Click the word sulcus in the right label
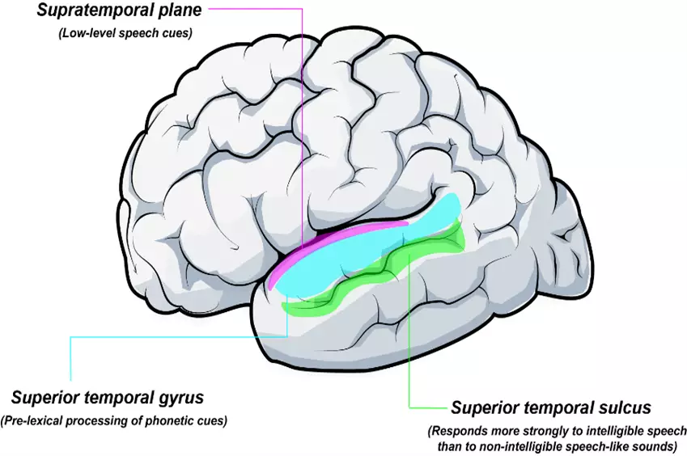coord(624,407)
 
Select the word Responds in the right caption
coord(460,430)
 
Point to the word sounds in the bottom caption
coord(651,444)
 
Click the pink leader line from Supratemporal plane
coord(301,121)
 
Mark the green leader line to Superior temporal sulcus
coord(410,340)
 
